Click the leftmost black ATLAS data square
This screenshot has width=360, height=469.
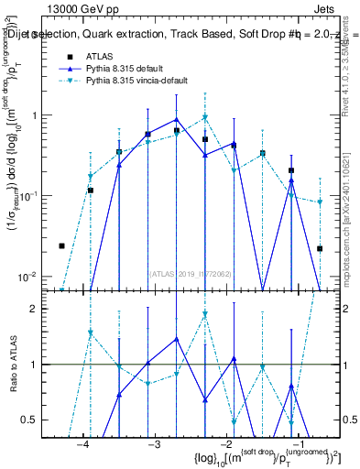click(61, 245)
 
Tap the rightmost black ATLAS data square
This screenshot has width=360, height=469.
click(320, 248)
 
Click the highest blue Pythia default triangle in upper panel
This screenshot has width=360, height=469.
click(176, 119)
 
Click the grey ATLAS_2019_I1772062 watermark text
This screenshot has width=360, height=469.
click(190, 272)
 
